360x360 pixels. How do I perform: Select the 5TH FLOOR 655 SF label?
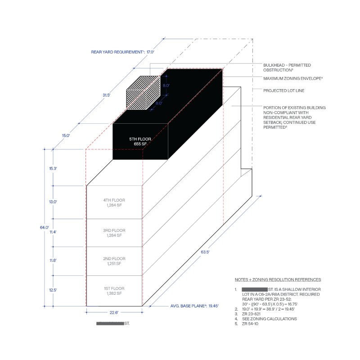tap(140, 141)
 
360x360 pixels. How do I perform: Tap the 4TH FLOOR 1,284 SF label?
tap(114, 202)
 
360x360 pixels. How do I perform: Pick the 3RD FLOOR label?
tap(114, 230)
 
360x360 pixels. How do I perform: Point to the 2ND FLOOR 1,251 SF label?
tap(114, 261)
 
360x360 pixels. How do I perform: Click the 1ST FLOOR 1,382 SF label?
tap(114, 291)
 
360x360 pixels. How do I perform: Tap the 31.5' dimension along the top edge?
tap(107, 95)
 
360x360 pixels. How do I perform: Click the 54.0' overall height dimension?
tap(44, 228)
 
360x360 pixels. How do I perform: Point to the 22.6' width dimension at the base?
tap(114, 312)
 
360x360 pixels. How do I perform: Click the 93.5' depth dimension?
tap(205, 252)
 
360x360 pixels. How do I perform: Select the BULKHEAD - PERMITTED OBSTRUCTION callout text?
tap(287, 67)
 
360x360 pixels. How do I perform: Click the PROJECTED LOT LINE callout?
tap(284, 90)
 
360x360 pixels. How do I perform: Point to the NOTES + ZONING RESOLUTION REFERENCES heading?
tap(278, 279)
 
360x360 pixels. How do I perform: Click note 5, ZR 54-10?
tap(252, 324)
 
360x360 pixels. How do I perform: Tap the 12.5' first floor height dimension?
tap(53, 290)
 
